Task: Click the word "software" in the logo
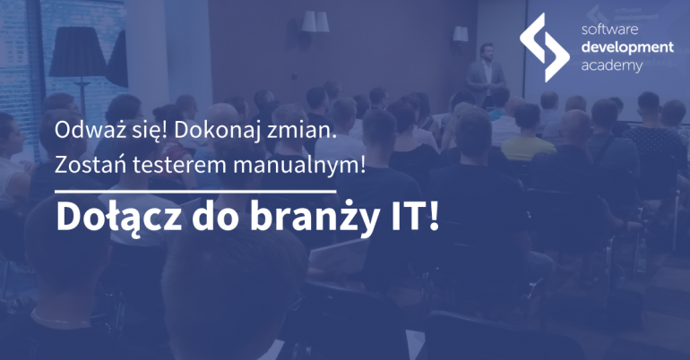click(x=609, y=30)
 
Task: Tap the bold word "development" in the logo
click(x=627, y=47)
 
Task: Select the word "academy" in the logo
click(x=612, y=66)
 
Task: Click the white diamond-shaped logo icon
click(x=544, y=47)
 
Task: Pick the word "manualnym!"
click(x=299, y=166)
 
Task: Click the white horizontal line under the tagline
click(x=195, y=192)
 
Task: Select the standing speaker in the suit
click(x=485, y=73)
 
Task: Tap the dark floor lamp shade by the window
click(x=77, y=51)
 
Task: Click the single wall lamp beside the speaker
click(x=461, y=34)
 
